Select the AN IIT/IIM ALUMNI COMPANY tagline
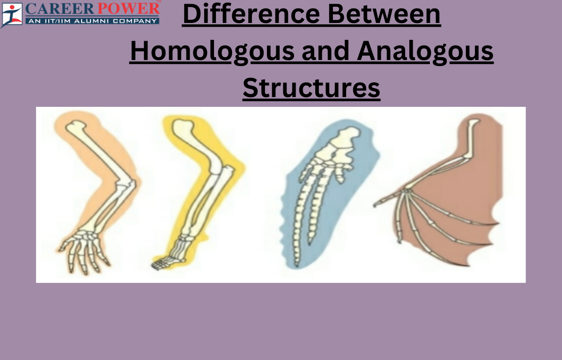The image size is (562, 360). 91,21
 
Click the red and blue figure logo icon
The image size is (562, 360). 11,14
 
